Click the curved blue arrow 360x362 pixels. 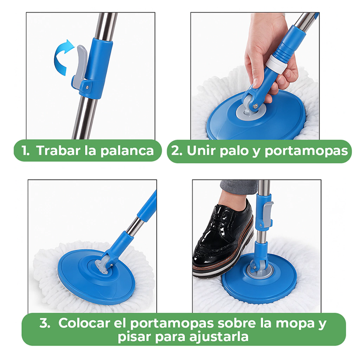tap(59, 58)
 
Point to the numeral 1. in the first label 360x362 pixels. tap(25, 150)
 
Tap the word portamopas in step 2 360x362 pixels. tap(306, 151)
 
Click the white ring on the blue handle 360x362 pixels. tap(277, 64)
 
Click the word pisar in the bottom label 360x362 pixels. tap(134, 337)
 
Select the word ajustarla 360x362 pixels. tap(219, 337)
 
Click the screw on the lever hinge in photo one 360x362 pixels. tap(87, 87)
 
